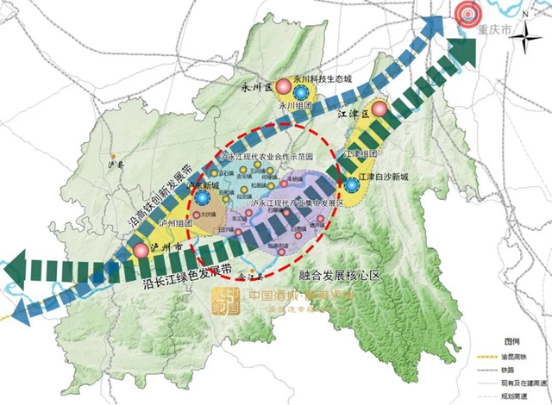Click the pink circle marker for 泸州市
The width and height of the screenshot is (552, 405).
141,251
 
